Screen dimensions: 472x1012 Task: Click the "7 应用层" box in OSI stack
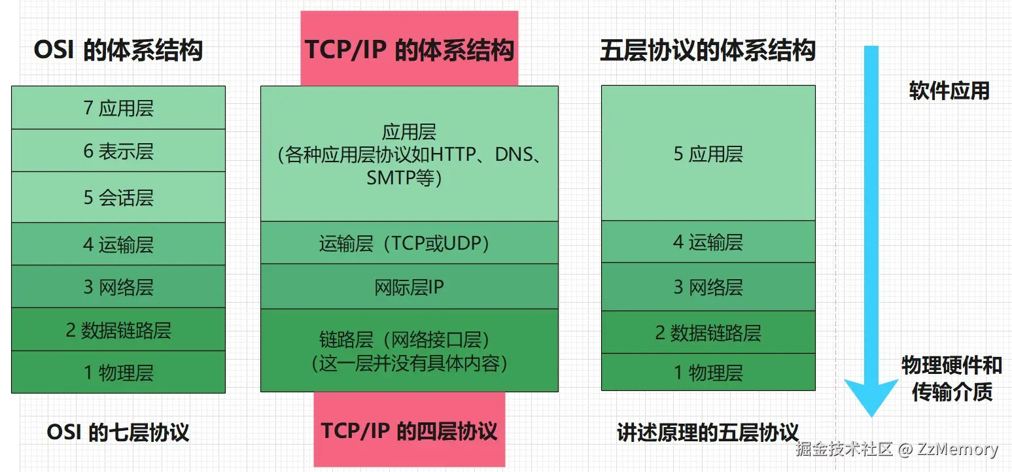point(118,108)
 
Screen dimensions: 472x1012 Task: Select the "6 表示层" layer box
point(118,151)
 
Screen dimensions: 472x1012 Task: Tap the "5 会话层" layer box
point(118,197)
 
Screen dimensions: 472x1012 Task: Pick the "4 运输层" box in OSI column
point(118,244)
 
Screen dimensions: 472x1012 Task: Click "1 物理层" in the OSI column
point(118,373)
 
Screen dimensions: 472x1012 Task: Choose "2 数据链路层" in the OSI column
point(118,330)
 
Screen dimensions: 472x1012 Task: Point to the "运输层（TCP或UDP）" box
point(409,243)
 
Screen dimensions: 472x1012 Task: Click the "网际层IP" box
point(409,287)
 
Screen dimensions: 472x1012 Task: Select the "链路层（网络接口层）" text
point(409,340)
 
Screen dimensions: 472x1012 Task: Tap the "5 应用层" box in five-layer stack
point(708,154)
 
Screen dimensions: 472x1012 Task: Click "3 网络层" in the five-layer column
point(708,287)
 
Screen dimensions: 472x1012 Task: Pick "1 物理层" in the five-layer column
point(708,373)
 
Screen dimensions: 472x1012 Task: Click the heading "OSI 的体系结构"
point(118,50)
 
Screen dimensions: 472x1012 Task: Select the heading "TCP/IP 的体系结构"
point(409,50)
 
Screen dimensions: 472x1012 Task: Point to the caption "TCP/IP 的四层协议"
point(409,431)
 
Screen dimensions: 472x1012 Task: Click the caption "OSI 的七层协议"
point(118,432)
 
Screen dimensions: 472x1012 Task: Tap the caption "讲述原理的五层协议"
point(708,432)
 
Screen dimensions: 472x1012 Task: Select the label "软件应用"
point(949,91)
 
